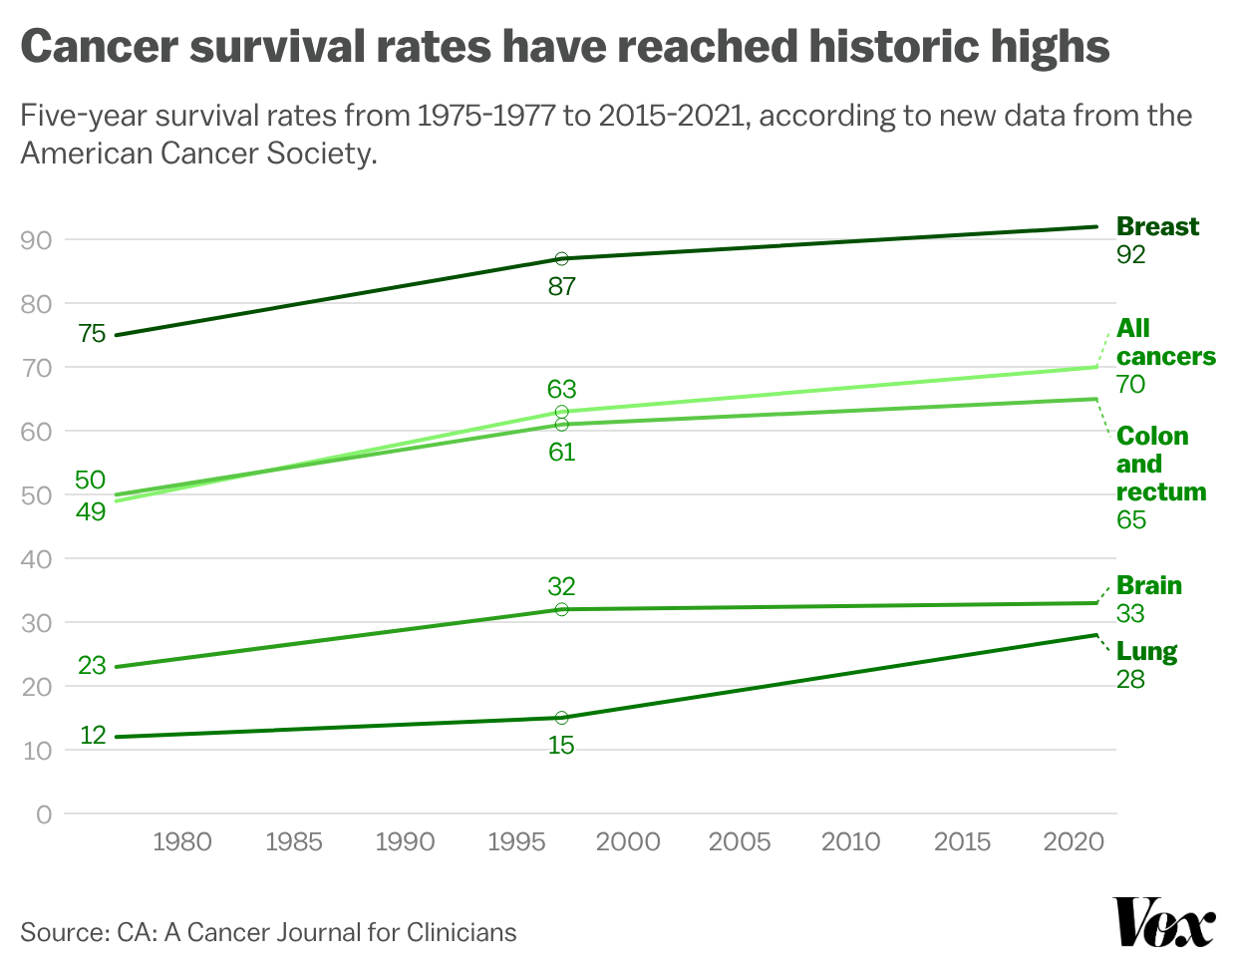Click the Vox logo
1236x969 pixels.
click(x=1164, y=922)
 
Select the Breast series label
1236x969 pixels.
click(x=1157, y=227)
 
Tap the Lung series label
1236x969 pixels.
click(x=1146, y=652)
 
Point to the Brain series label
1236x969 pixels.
click(x=1148, y=586)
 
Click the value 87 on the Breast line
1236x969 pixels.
click(x=562, y=287)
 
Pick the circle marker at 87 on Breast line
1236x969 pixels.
click(x=561, y=259)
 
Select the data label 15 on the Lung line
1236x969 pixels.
click(x=561, y=746)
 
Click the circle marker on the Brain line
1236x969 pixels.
click(x=561, y=609)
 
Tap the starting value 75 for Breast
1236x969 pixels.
click(x=92, y=334)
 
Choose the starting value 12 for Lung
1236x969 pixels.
click(x=93, y=736)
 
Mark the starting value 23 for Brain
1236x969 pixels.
click(x=92, y=665)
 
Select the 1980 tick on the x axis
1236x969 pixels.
click(x=181, y=842)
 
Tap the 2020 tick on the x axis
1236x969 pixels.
click(x=1074, y=842)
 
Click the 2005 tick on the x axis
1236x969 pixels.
click(x=740, y=842)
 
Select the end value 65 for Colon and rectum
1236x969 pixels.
click(x=1131, y=520)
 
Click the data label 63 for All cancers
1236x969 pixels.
click(x=562, y=389)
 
